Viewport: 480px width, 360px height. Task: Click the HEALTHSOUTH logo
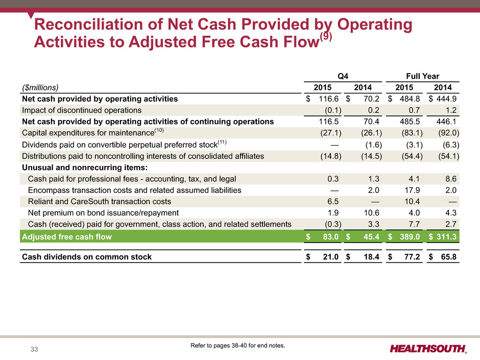(428, 349)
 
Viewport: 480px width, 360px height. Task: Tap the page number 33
(34, 349)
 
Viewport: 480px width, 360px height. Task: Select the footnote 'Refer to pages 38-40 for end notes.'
(237, 346)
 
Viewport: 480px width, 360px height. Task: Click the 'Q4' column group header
(343, 76)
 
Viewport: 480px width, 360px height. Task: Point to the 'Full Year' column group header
(422, 76)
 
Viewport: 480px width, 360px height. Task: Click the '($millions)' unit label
(40, 87)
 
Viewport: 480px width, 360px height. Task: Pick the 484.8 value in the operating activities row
(410, 99)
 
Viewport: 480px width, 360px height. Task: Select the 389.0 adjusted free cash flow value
(410, 236)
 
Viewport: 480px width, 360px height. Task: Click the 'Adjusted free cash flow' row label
(67, 236)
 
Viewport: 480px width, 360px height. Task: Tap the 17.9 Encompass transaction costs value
(413, 190)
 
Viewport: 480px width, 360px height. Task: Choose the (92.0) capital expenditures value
(449, 133)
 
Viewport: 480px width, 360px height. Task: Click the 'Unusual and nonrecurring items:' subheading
(85, 167)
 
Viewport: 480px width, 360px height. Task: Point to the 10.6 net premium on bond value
(371, 213)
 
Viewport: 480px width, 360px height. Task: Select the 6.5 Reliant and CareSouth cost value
(333, 201)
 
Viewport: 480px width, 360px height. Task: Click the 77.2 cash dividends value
(413, 257)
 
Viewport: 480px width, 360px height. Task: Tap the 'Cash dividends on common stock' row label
(87, 257)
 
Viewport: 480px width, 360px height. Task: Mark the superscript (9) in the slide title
(326, 36)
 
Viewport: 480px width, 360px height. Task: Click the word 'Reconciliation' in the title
(89, 24)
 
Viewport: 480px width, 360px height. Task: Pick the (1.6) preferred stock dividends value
(374, 145)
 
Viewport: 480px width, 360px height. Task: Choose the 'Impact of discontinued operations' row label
(82, 110)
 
